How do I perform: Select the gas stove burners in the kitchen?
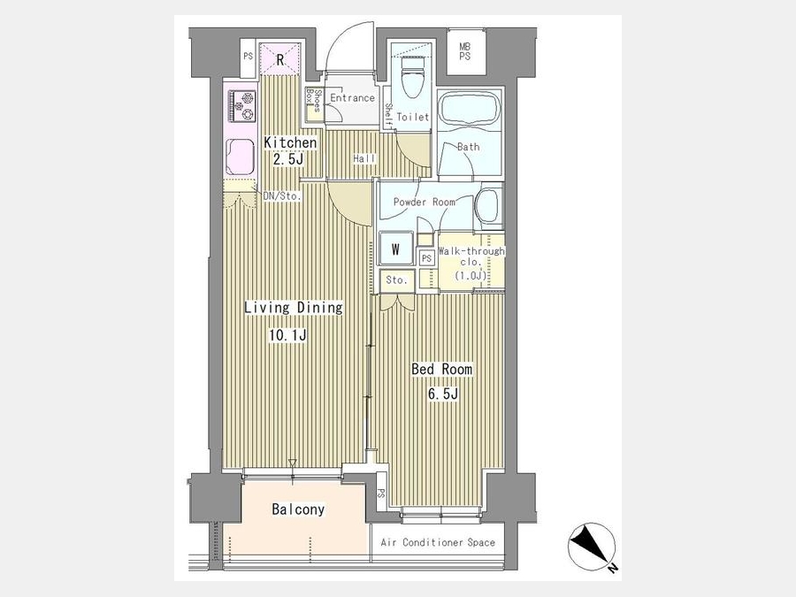pyautogui.click(x=241, y=105)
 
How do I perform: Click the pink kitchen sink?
pyautogui.click(x=241, y=157)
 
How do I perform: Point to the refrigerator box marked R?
pyautogui.click(x=279, y=59)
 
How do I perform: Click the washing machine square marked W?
pyautogui.click(x=395, y=249)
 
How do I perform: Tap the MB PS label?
pyautogui.click(x=464, y=51)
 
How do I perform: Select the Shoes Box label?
pyautogui.click(x=313, y=101)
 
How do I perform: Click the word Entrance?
pyautogui.click(x=352, y=97)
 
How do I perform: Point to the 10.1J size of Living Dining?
pyautogui.click(x=287, y=335)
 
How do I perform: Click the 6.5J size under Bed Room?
pyautogui.click(x=443, y=394)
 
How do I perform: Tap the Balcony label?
pyautogui.click(x=298, y=509)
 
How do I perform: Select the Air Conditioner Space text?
pyautogui.click(x=438, y=542)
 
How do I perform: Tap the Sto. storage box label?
pyautogui.click(x=396, y=279)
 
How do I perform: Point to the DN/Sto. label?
pyautogui.click(x=282, y=195)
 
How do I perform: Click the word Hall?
pyautogui.click(x=364, y=159)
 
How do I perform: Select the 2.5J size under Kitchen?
pyautogui.click(x=287, y=159)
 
